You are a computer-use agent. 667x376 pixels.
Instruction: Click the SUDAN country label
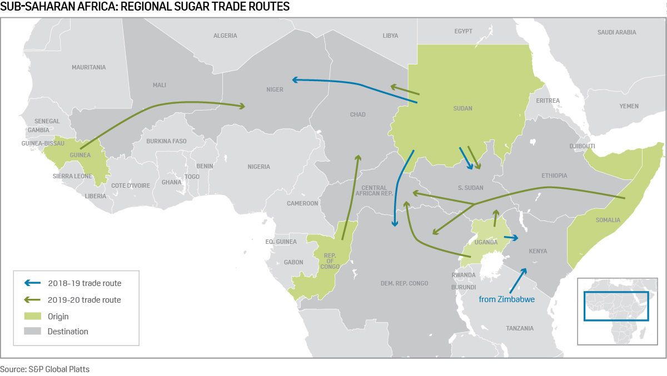click(462, 108)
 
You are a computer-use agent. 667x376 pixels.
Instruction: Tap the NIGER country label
click(275, 89)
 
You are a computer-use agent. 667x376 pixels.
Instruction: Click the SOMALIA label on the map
click(608, 220)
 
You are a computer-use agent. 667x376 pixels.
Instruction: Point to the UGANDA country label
click(486, 242)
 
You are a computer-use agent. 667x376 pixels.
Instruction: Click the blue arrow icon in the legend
click(33, 283)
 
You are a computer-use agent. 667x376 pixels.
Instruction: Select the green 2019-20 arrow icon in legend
click(33, 300)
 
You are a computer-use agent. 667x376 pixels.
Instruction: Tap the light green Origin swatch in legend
click(33, 316)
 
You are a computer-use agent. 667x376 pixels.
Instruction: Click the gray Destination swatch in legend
click(33, 332)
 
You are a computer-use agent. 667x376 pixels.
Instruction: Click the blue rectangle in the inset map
click(616, 306)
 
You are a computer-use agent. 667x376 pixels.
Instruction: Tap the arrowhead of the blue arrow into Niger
click(296, 80)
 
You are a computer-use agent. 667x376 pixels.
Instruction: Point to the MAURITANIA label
click(88, 67)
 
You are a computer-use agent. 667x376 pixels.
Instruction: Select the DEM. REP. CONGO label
click(404, 283)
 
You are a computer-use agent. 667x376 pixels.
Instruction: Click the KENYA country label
click(537, 251)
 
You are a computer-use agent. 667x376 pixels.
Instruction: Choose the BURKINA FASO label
click(166, 141)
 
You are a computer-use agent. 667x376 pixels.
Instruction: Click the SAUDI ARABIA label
click(616, 32)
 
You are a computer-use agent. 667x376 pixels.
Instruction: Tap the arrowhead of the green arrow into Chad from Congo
click(357, 158)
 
